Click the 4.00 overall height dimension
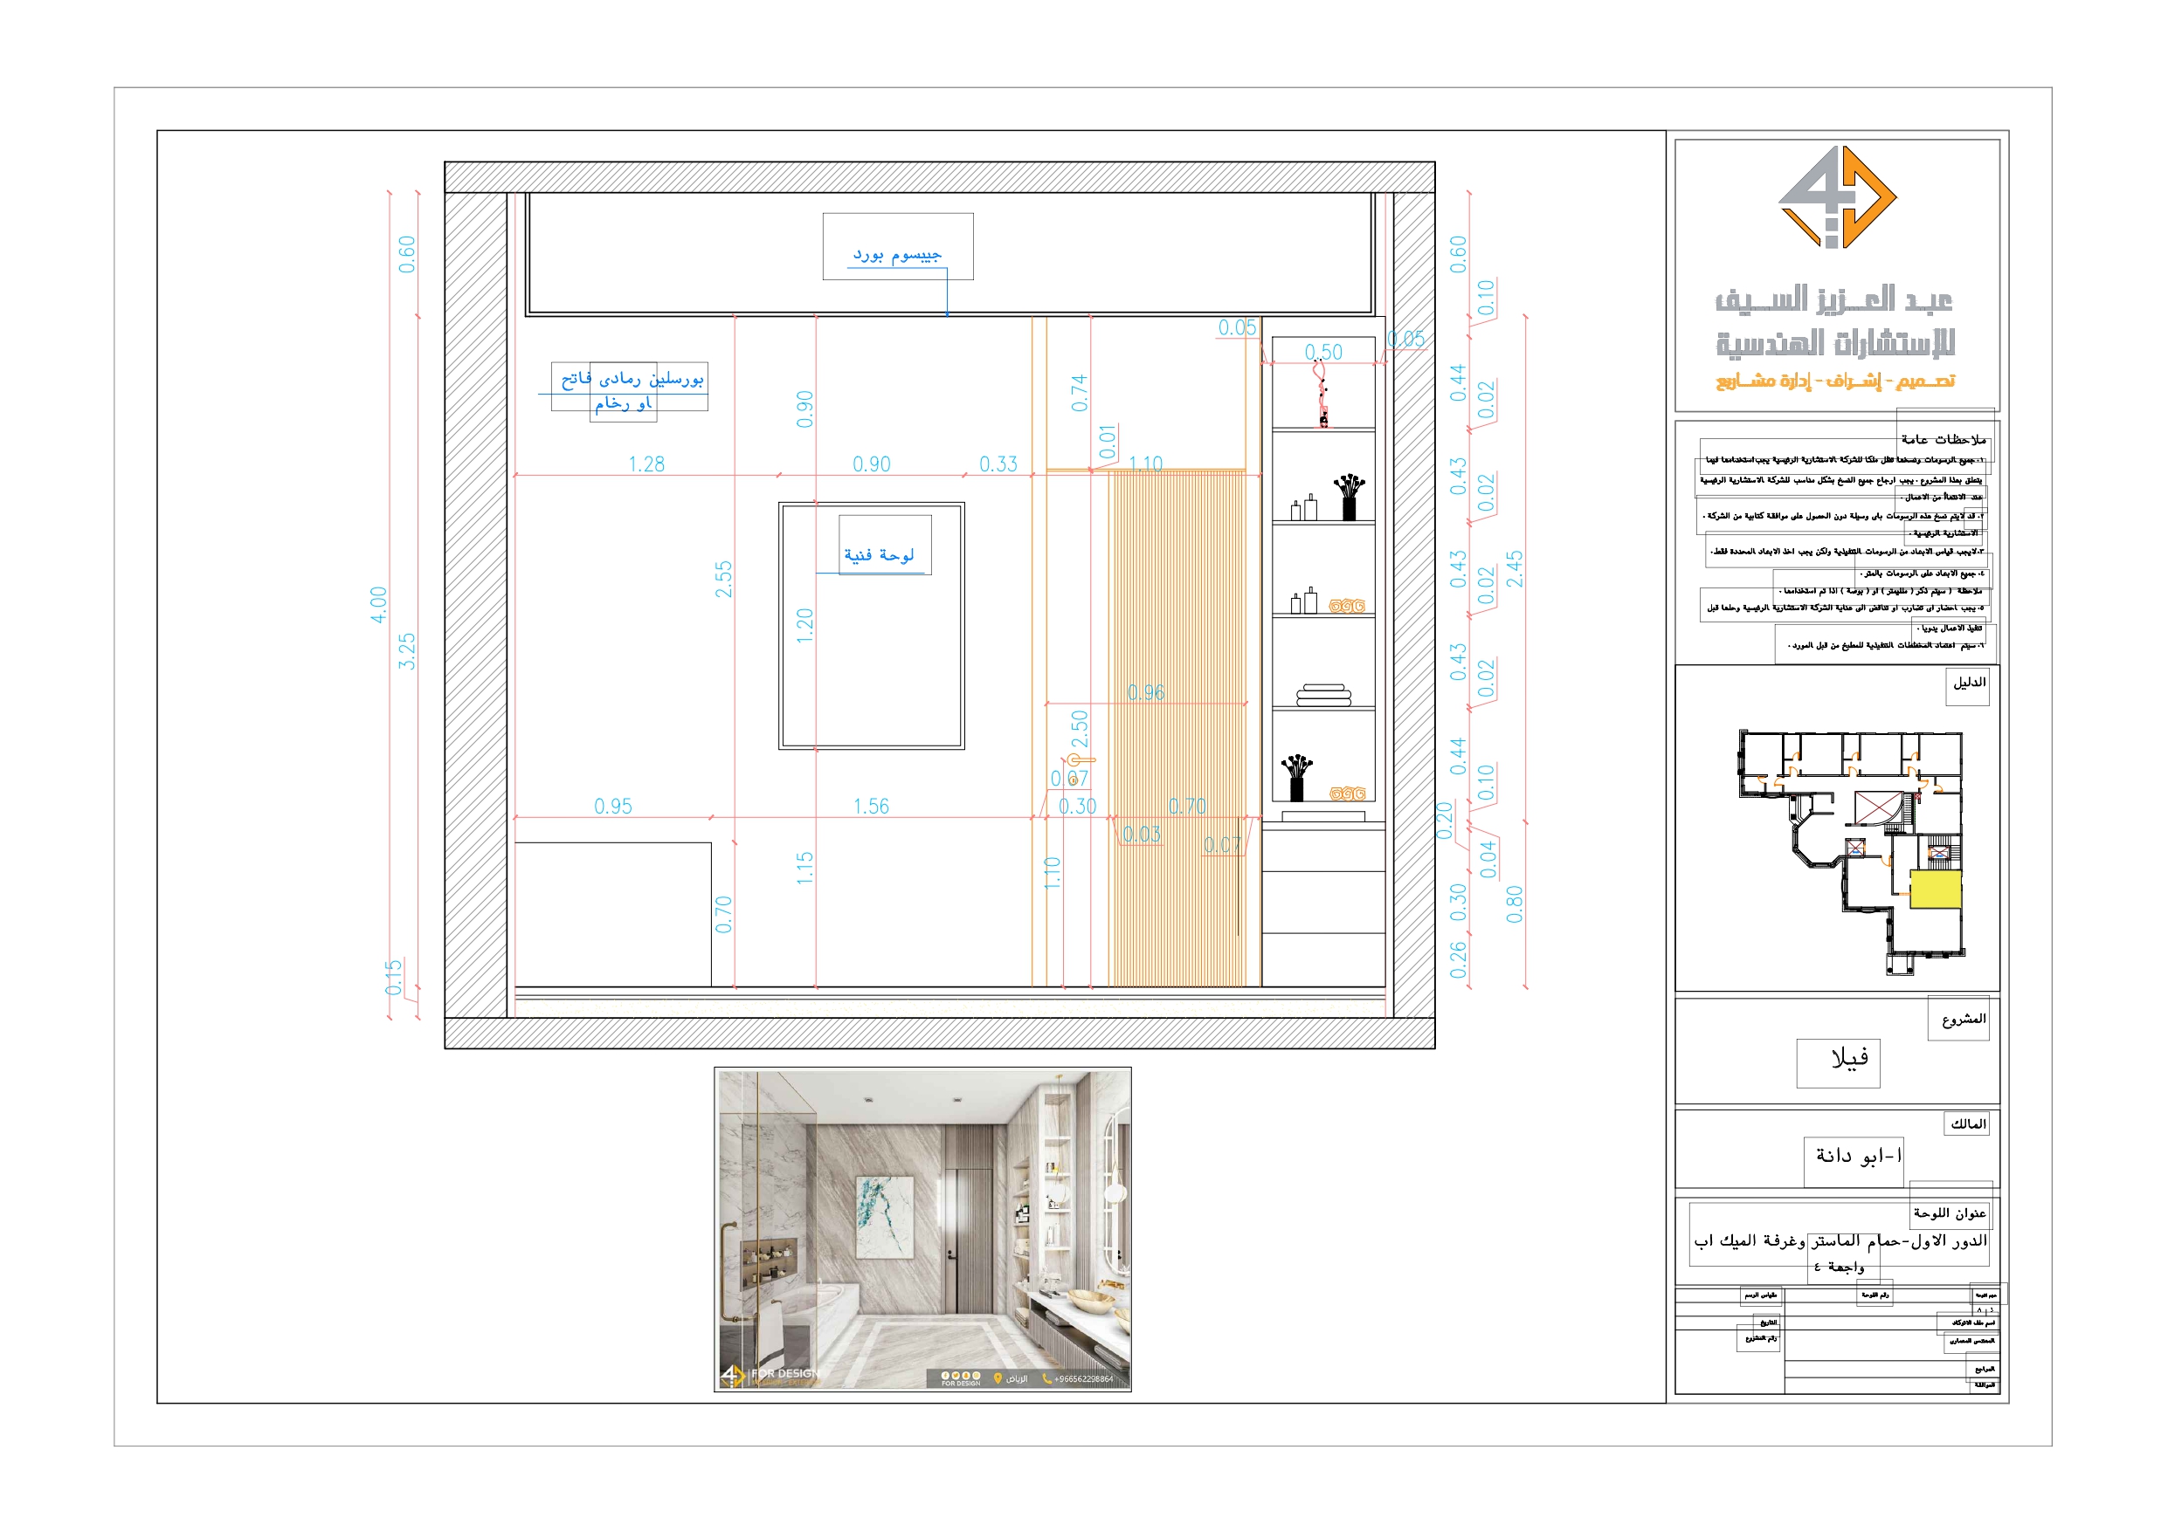click(378, 604)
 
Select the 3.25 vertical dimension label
click(406, 651)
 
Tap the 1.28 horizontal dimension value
click(646, 464)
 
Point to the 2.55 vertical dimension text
click(723, 579)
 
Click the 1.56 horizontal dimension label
click(871, 806)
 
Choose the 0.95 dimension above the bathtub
click(613, 806)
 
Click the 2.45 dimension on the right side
click(1515, 569)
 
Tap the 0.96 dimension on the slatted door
click(1145, 693)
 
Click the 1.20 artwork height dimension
click(804, 625)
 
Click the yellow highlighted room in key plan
click(1935, 890)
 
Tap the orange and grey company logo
click(1837, 197)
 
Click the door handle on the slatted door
click(1080, 759)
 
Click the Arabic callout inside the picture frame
click(879, 555)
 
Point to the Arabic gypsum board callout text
click(897, 254)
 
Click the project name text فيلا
click(1849, 1059)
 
